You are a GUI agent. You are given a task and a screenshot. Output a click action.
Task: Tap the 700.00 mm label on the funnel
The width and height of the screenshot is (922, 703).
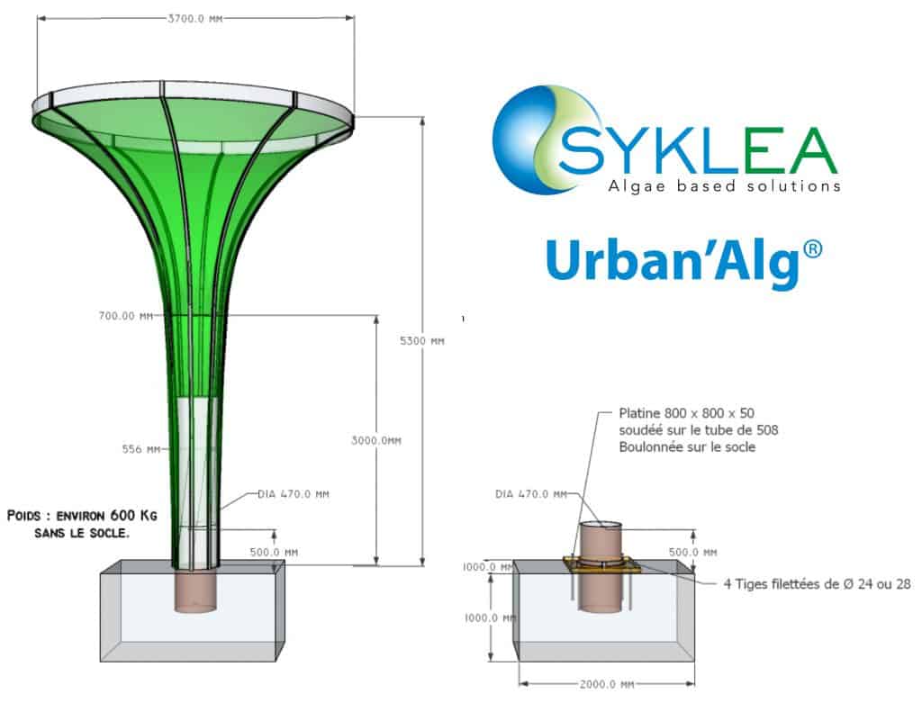(x=127, y=316)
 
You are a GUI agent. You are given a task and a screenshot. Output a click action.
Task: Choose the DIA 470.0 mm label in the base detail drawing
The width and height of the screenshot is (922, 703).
(x=532, y=493)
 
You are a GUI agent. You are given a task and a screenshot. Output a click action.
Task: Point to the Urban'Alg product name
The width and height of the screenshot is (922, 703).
(x=671, y=262)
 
